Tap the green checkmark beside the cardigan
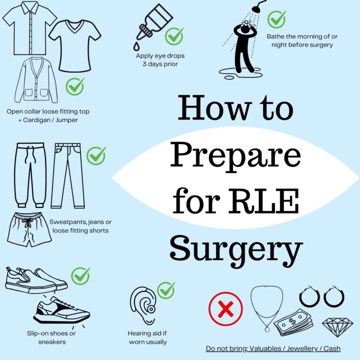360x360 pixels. coord(75,86)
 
